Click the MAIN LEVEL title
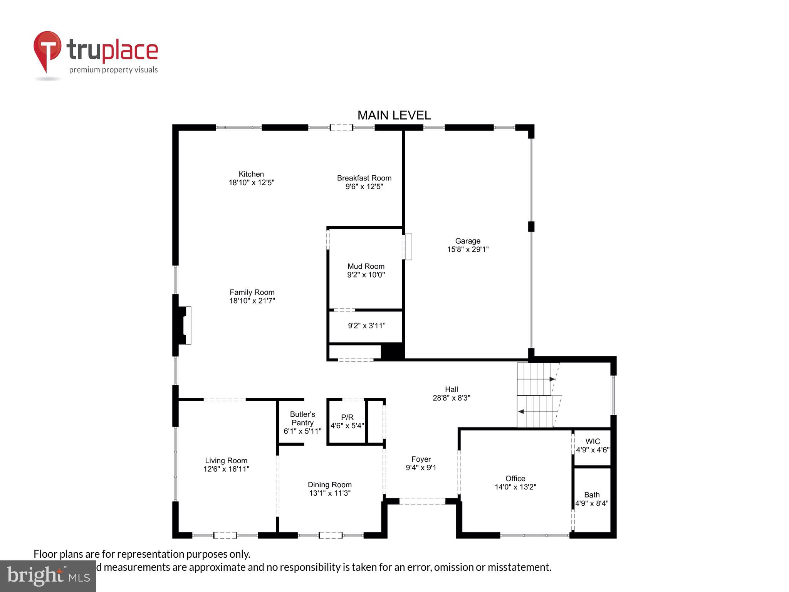394,115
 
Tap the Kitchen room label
251,174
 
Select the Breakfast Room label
364,178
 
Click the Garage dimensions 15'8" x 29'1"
468,249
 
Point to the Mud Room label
366,266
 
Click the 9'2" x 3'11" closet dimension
366,326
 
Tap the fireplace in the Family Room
184,325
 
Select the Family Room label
252,293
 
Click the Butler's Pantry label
302,418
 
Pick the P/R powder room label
347,417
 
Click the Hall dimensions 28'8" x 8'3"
452,398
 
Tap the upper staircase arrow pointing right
552,379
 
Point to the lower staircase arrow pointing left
521,412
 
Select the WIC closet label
593,441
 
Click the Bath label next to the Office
592,495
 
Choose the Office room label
515,479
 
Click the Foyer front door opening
422,501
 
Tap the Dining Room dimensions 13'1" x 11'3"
329,493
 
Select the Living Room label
226,461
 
